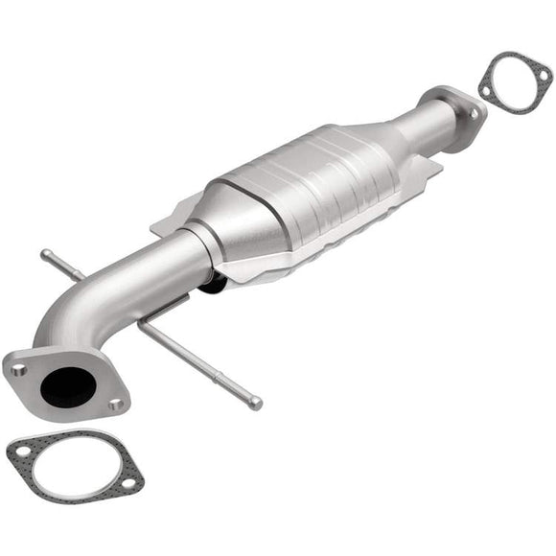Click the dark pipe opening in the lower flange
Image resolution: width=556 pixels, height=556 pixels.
click(x=67, y=382)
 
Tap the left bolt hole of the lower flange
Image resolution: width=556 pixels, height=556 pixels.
click(x=18, y=368)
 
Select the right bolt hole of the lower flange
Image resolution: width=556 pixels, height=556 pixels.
click(x=116, y=405)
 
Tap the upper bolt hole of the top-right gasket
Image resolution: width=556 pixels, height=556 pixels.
click(x=544, y=70)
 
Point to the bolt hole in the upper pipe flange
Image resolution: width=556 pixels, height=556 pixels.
click(x=474, y=113)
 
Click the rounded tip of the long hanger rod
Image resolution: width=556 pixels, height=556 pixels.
click(x=256, y=404)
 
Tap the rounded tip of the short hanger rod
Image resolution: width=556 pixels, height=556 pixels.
click(x=46, y=254)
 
